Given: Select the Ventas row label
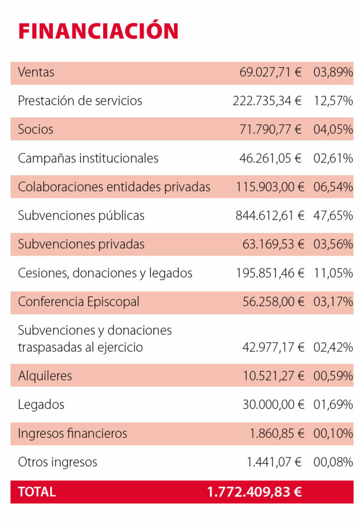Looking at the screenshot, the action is coord(36,73).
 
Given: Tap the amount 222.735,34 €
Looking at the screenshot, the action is coord(267,101).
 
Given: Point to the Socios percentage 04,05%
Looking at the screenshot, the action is coord(333,130).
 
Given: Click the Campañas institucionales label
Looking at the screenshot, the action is coord(88,158).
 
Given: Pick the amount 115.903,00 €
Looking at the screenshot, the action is coord(270,187).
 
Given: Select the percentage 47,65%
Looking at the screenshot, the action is coord(333,215).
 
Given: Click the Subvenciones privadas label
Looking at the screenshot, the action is coord(81,244).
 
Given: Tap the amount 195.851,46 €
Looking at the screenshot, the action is coord(270,273).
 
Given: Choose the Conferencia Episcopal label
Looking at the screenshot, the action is coord(79,302).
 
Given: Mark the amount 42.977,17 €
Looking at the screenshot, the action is coord(274,347).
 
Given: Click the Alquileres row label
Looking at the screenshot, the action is coord(45,376).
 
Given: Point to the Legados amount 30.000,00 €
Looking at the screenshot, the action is coord(274,405).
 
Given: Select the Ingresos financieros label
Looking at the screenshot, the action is coord(73,433).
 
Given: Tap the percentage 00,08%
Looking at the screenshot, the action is coord(333,462).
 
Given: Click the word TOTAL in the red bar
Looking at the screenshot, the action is coord(37,492).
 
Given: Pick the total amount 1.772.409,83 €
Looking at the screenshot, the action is coord(255,492).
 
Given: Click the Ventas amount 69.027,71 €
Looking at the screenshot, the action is coord(271,73).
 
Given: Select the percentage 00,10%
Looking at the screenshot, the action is coord(333,433).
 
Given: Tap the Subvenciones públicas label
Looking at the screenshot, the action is coord(81,215).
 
